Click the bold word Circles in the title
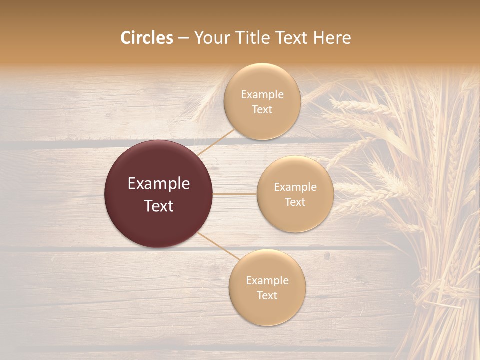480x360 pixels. tap(147, 38)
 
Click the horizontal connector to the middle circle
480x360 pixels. tap(234, 194)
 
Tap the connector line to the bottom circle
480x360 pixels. tap(218, 245)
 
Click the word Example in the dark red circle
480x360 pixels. tap(158, 184)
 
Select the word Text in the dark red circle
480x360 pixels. tap(158, 206)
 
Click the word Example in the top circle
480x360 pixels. tap(262, 95)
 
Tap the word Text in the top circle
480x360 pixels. tap(262, 110)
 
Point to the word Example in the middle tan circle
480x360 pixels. tap(295, 187)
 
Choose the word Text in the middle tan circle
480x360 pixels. tap(295, 202)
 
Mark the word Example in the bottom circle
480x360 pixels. tap(267, 281)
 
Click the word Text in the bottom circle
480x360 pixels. tap(267, 296)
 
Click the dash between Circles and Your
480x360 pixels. tap(183, 38)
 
